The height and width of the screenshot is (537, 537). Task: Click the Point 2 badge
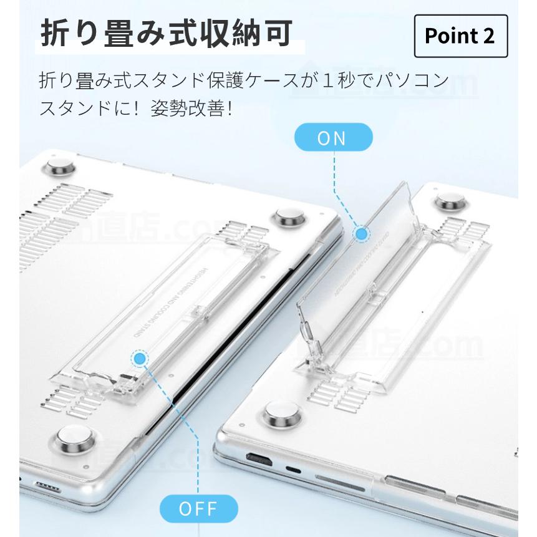click(460, 36)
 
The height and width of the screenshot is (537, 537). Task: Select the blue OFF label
click(199, 508)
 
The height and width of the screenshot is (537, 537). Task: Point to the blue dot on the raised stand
click(361, 235)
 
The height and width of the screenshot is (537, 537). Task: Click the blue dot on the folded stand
click(140, 359)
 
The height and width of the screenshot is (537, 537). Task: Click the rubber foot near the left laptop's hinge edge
click(289, 218)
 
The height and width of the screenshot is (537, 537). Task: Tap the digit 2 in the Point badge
click(488, 36)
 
